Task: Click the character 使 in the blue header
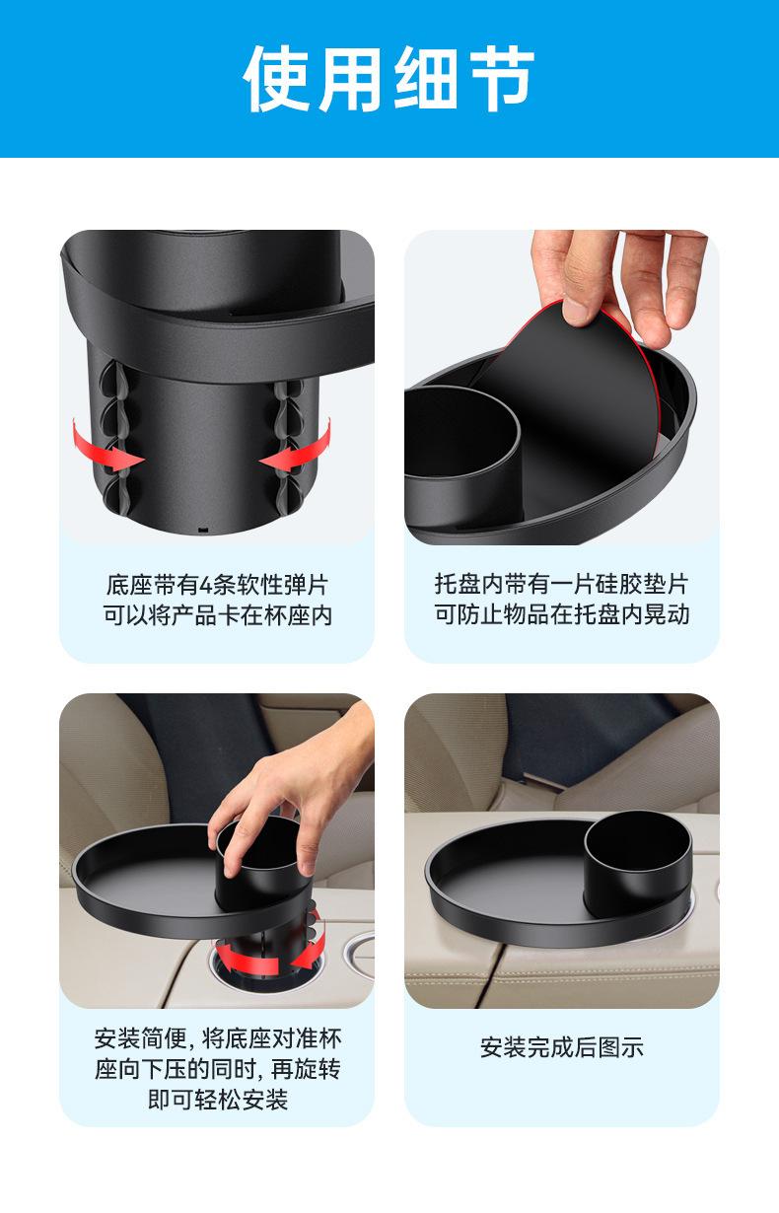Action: tap(279, 79)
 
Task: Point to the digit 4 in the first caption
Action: tap(206, 586)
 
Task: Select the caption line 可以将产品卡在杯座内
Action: tap(218, 615)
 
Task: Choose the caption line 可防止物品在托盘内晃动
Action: tap(562, 614)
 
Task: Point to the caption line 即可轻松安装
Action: tap(218, 1100)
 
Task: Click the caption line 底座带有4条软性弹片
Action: tap(218, 586)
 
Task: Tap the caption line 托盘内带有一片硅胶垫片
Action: tap(562, 584)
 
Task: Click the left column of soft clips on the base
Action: tap(114, 439)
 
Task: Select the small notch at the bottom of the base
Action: tap(203, 528)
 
